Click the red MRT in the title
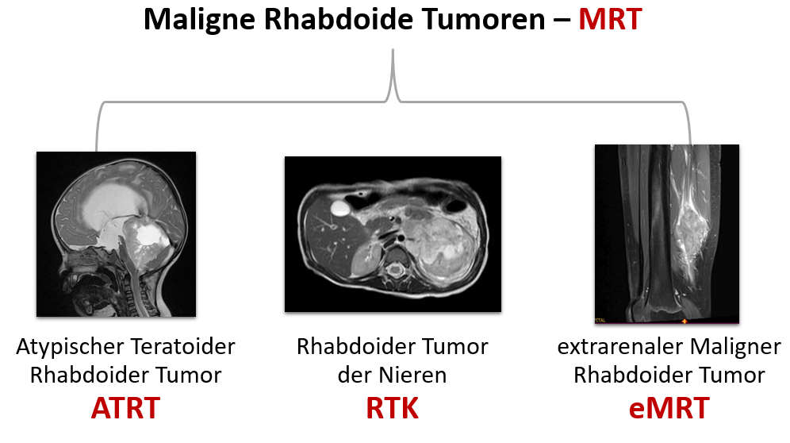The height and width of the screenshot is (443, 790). coord(610,19)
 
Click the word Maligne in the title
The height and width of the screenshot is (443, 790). coord(200,20)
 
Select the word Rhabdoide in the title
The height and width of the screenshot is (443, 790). coord(339,19)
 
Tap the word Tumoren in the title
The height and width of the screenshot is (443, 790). coord(483,19)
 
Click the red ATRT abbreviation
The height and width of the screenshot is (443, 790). coord(125,408)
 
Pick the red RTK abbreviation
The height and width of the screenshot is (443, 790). coord(392,408)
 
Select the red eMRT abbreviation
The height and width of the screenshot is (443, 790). coord(669,408)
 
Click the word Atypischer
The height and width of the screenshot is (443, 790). coord(70,347)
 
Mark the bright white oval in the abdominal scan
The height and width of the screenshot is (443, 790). coord(340,207)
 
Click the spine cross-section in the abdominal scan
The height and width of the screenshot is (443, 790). coord(395,271)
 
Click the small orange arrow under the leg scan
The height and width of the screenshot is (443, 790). coord(685,321)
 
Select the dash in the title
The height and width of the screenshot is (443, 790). coord(562,21)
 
